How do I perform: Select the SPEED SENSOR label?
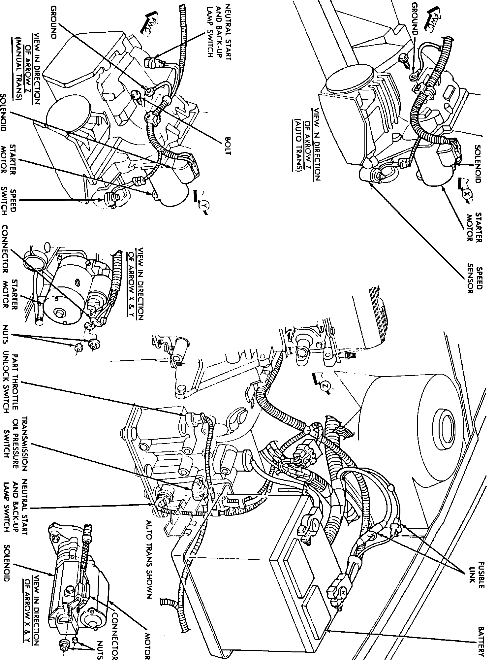pos(475,278)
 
